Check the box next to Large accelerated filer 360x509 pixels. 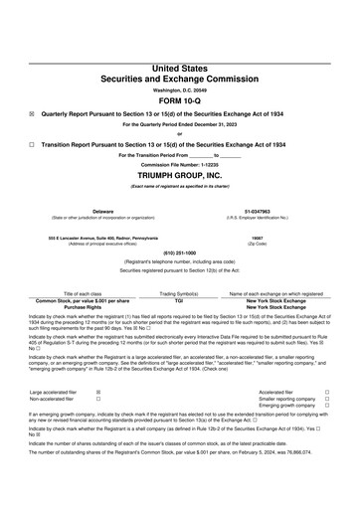click(97, 393)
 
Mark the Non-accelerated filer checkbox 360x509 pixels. click(97, 400)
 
